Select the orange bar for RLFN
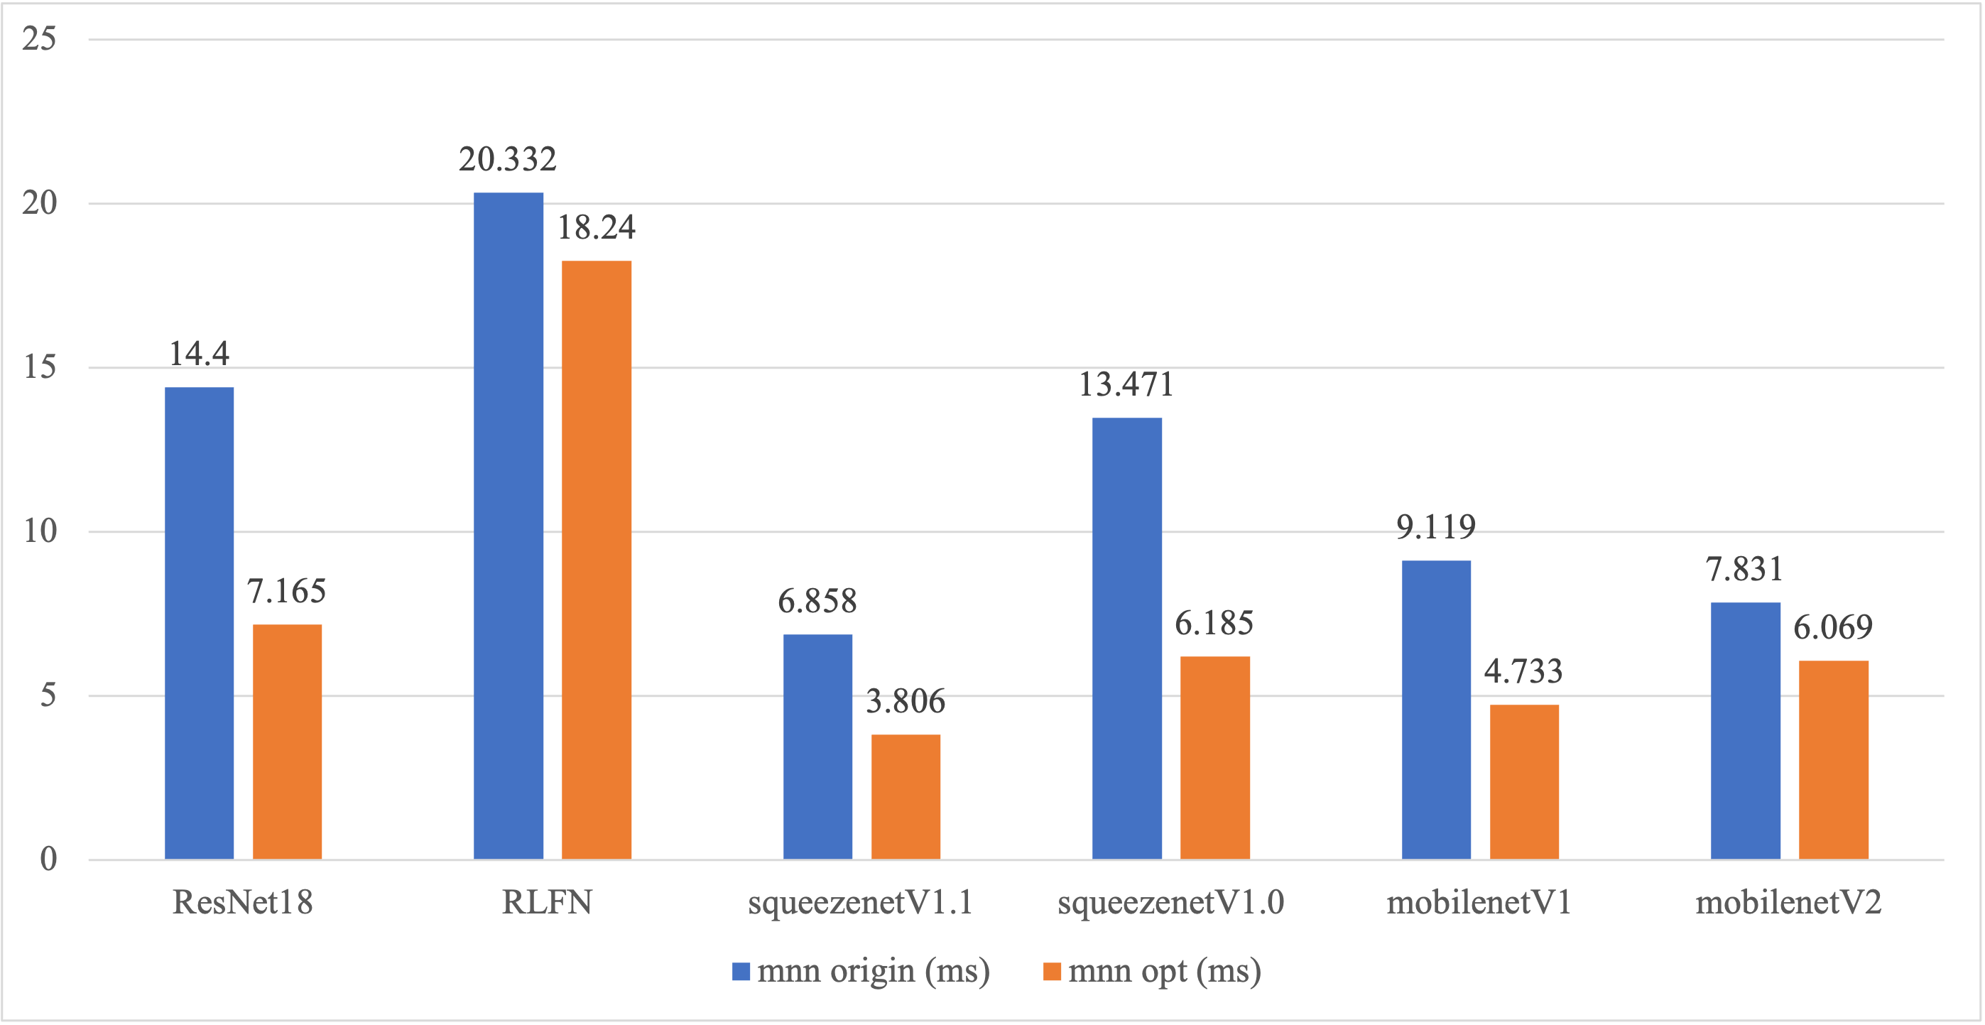coord(597,560)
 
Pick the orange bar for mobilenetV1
coord(1524,781)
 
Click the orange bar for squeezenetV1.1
coord(906,797)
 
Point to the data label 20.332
coord(507,160)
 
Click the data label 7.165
coord(287,591)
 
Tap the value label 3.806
coord(906,701)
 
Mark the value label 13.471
coord(1126,384)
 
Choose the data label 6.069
coord(1832,627)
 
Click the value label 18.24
coord(597,227)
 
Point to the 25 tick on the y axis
coord(39,38)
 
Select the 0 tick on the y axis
coord(48,859)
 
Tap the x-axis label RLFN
coord(547,902)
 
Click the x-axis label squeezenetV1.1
coord(860,902)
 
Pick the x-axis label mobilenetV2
coord(1788,902)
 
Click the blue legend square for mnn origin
coord(741,971)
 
